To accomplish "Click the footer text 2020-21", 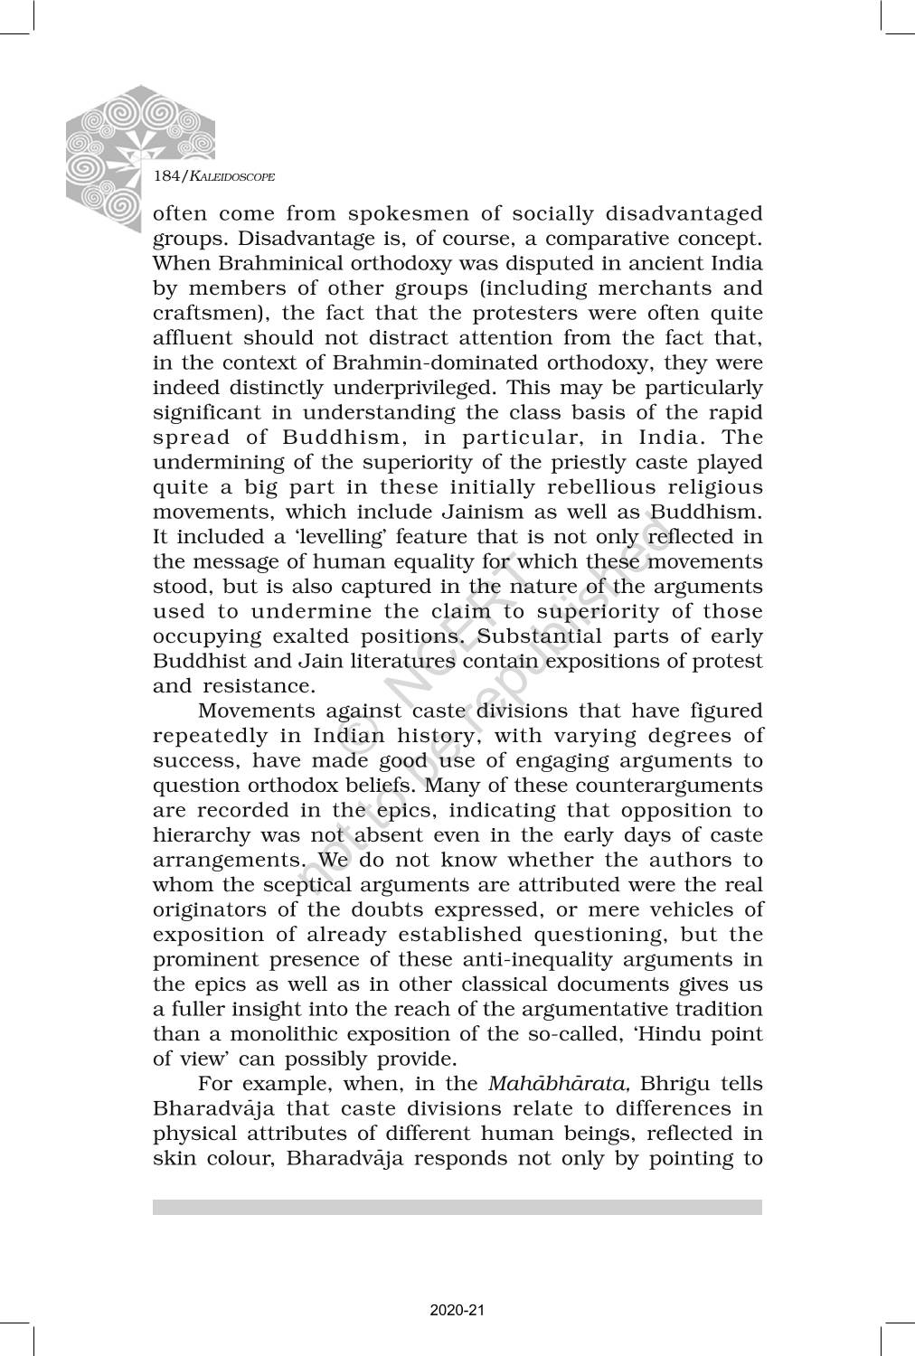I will [x=457, y=1310].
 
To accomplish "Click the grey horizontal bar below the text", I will [x=457, y=1207].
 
